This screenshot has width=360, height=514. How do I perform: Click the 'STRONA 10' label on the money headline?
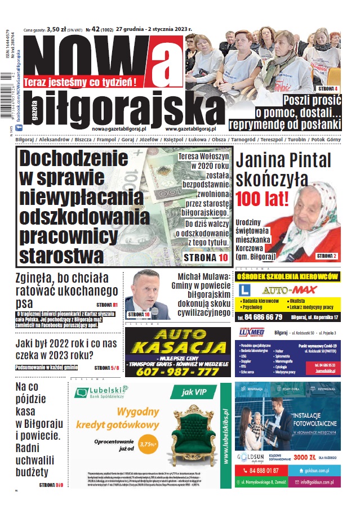[x=206, y=257]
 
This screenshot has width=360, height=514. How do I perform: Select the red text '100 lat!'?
[x=263, y=199]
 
